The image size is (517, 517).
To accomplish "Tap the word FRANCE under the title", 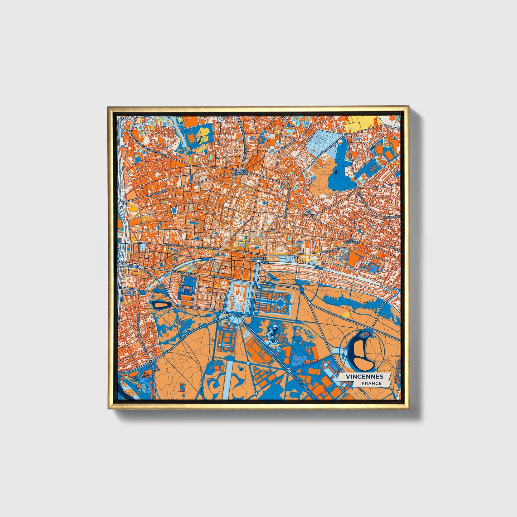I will [371, 383].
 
